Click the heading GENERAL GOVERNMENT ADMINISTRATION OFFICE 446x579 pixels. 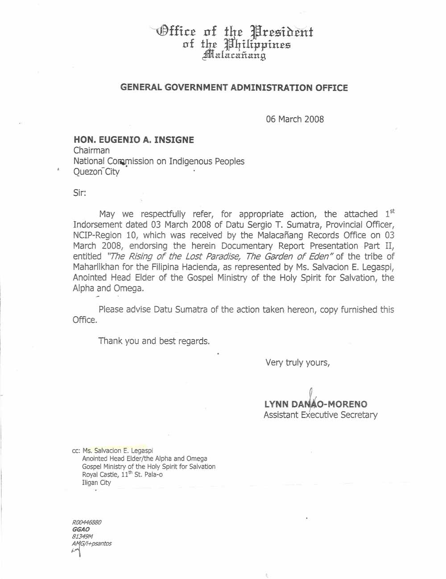234,88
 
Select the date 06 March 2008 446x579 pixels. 295,119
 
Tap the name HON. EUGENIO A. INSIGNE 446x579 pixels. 133,140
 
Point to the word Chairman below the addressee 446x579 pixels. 91,151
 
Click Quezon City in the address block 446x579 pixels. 96,172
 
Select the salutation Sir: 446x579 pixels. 79,193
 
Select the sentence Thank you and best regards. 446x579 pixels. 154,341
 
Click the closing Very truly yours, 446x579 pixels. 297,362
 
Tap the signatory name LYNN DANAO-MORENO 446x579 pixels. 316,405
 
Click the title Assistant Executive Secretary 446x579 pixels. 320,415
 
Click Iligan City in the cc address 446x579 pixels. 96,483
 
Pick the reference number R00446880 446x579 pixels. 87,522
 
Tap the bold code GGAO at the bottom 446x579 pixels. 81,529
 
